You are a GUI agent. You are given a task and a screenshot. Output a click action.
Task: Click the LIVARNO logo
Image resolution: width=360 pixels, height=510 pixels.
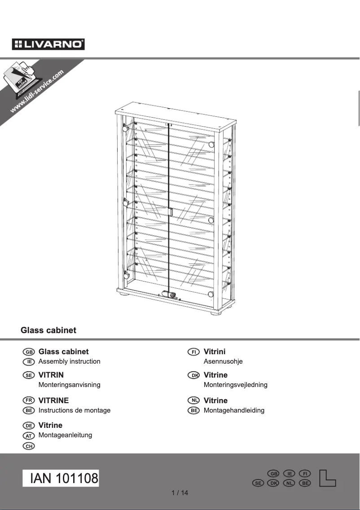[48, 44]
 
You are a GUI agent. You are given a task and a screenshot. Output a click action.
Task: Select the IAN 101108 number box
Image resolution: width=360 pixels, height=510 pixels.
[61, 479]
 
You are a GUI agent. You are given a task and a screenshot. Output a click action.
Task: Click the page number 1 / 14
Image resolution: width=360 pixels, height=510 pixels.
[180, 493]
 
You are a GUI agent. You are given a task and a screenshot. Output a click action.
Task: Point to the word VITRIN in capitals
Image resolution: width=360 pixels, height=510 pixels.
[51, 375]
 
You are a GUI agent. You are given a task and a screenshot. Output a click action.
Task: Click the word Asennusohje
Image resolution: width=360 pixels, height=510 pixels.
[223, 361]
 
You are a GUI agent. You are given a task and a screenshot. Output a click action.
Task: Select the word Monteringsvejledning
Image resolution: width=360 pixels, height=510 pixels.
[235, 385]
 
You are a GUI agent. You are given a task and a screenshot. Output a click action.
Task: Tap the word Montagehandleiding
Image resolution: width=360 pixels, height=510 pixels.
[234, 410]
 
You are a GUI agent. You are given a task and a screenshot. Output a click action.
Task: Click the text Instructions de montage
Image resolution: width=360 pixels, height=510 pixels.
[75, 410]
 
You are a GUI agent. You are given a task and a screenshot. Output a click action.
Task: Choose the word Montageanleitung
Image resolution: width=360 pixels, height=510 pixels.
[65, 435]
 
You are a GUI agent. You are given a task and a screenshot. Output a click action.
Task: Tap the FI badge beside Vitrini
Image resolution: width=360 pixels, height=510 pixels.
[193, 352]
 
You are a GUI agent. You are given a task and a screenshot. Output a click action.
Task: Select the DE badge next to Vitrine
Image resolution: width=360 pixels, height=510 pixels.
[28, 426]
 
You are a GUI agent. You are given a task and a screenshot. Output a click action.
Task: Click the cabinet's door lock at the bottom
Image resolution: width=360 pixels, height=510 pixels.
[171, 295]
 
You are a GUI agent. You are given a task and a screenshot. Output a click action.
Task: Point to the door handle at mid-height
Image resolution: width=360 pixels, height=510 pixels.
[171, 212]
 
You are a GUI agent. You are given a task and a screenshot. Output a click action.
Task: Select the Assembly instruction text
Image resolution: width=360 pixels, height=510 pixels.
[69, 361]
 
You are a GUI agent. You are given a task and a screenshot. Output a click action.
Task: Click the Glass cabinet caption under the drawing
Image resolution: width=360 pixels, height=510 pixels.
[48, 330]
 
